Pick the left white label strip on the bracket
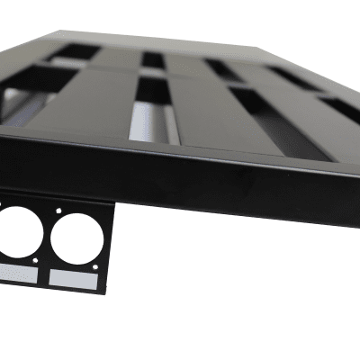(18, 273)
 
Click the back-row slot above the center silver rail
(153, 60)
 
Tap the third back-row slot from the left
(222, 68)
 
